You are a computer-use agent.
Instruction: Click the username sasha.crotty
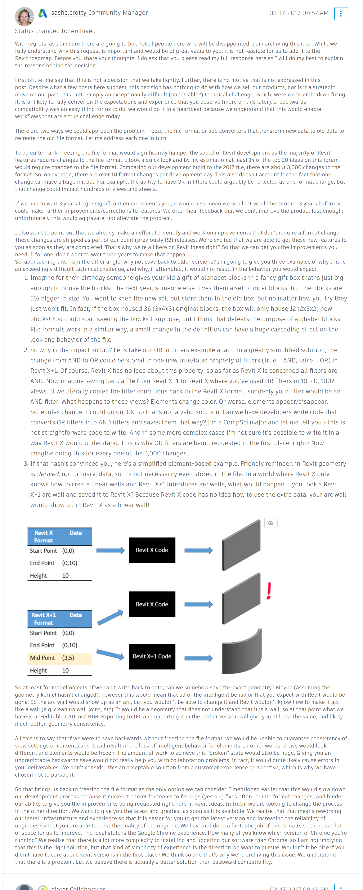(69, 13)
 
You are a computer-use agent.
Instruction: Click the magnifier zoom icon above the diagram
(271, 523)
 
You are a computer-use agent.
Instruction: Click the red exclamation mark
(269, 591)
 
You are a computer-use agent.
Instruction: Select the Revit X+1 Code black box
(152, 656)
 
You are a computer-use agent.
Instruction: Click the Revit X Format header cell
(44, 537)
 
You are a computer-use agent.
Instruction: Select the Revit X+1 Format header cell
(44, 619)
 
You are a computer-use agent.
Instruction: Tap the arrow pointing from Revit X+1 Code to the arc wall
(198, 658)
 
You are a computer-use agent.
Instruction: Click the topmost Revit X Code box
(152, 550)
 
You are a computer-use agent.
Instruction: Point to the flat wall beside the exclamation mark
(241, 599)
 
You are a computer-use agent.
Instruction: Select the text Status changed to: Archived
(55, 31)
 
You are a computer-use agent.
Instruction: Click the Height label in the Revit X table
(38, 576)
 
